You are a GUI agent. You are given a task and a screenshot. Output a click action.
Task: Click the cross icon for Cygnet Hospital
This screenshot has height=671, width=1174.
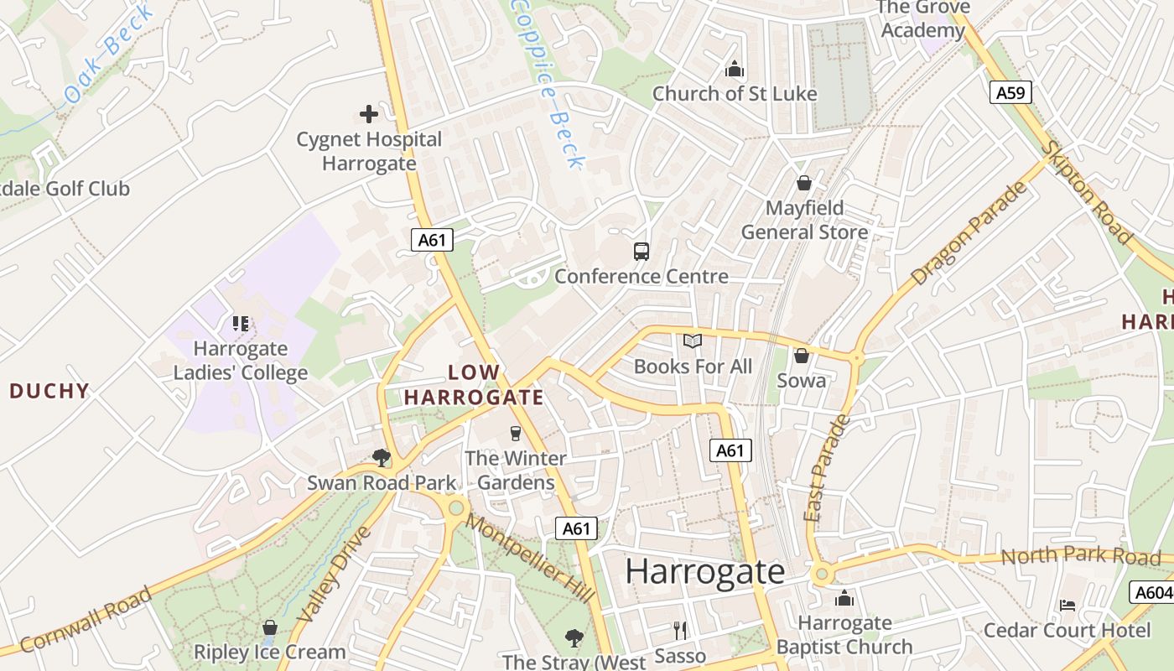pyautogui.click(x=368, y=114)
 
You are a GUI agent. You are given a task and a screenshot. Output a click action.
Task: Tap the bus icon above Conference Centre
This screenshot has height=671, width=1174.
pyautogui.click(x=641, y=251)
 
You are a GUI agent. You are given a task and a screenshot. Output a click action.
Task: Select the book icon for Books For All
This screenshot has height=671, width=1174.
pyautogui.click(x=692, y=341)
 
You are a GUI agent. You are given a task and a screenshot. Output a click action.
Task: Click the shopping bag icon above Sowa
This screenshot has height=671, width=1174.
pyautogui.click(x=802, y=356)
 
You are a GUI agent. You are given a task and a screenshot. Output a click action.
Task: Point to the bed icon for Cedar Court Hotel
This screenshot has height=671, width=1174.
pyautogui.click(x=1067, y=605)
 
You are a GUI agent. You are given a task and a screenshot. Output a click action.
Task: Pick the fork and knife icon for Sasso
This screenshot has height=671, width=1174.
pyautogui.click(x=680, y=630)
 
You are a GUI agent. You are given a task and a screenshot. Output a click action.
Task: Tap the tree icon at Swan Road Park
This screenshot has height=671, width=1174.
pyautogui.click(x=382, y=457)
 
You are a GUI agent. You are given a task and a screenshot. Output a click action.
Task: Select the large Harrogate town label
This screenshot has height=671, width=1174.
pyautogui.click(x=704, y=572)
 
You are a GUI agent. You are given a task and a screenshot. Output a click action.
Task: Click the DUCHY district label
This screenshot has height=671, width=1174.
pyautogui.click(x=49, y=391)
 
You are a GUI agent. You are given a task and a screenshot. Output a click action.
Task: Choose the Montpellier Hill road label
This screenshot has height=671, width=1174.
pyautogui.click(x=530, y=557)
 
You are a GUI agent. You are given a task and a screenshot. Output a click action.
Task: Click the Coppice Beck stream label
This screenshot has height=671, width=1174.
pyautogui.click(x=548, y=82)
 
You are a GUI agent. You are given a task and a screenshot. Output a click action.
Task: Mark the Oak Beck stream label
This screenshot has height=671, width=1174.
pyautogui.click(x=109, y=53)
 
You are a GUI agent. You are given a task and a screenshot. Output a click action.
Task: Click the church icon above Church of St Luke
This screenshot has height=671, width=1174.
pyautogui.click(x=735, y=69)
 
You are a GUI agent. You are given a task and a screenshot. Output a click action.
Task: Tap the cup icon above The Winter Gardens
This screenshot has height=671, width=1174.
pyautogui.click(x=515, y=434)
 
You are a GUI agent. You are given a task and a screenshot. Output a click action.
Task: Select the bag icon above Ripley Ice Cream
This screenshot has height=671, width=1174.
pyautogui.click(x=269, y=627)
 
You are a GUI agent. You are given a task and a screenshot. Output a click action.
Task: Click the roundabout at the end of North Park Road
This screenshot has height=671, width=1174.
pyautogui.click(x=821, y=574)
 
